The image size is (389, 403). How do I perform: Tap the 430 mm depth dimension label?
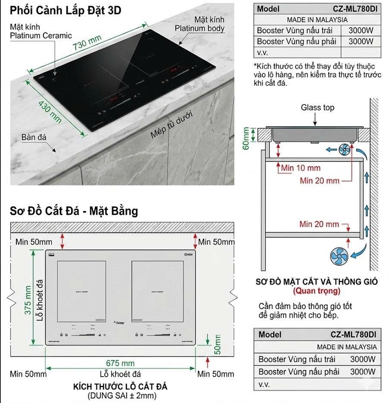(x=50, y=111)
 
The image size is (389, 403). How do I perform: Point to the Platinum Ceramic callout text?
(x=41, y=32)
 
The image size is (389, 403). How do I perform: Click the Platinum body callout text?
(x=199, y=24)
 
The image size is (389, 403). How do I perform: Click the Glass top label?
(x=317, y=108)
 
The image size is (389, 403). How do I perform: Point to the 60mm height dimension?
(x=246, y=138)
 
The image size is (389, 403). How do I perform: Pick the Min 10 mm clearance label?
(x=301, y=168)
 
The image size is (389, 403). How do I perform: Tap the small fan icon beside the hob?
(x=345, y=150)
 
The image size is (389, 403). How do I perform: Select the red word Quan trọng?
(x=317, y=290)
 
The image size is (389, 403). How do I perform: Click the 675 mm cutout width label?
(x=120, y=363)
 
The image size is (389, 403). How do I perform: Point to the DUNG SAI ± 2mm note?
(x=122, y=395)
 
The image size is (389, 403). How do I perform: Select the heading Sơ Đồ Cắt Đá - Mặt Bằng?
(x=74, y=211)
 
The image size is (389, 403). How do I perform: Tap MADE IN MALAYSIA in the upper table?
(x=317, y=19)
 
